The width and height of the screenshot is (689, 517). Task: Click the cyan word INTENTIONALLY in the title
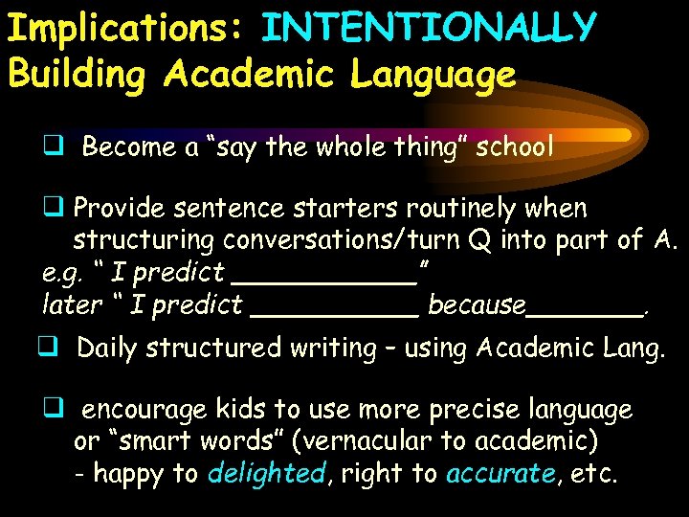[429, 29]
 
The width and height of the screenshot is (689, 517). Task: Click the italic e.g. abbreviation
[65, 273]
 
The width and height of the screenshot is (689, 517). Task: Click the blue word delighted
[266, 473]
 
